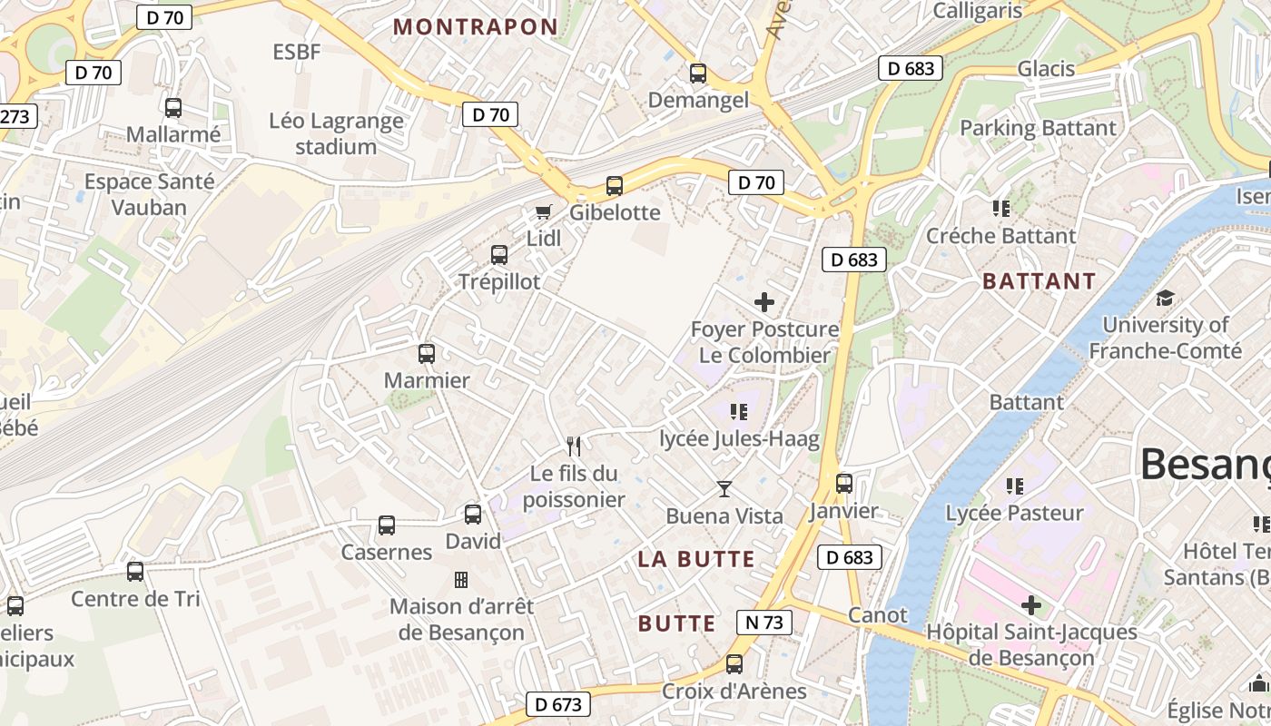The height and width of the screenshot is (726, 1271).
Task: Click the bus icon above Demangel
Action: click(x=698, y=74)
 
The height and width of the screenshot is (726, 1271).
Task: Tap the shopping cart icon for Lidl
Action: click(x=543, y=211)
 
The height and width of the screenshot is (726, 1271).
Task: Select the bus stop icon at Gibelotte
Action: click(x=615, y=186)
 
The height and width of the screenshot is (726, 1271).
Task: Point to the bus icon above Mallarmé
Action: click(x=173, y=108)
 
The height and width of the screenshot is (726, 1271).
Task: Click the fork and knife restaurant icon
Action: click(x=574, y=446)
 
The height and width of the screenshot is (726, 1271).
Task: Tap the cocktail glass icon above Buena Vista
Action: click(x=724, y=489)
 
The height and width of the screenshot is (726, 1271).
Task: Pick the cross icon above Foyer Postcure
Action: click(x=764, y=302)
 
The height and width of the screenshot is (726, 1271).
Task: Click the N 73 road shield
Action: click(x=764, y=623)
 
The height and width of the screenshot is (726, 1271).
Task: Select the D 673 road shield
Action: click(x=558, y=704)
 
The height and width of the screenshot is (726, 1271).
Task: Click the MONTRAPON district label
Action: click(x=476, y=27)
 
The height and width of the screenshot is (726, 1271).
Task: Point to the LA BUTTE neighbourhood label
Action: click(x=696, y=559)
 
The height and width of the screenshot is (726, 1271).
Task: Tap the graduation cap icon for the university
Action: click(x=1165, y=298)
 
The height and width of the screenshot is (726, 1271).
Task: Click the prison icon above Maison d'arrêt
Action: click(x=461, y=579)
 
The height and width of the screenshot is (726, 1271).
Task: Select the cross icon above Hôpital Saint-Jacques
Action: click(x=1031, y=604)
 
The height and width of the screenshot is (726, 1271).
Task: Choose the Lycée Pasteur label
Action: click(x=1015, y=513)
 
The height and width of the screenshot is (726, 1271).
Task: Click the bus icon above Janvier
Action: click(x=844, y=484)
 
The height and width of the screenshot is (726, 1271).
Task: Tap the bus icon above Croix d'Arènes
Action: click(x=734, y=664)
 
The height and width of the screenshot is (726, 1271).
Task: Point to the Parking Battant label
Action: click(x=1038, y=128)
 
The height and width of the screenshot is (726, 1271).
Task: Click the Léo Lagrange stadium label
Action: click(x=336, y=133)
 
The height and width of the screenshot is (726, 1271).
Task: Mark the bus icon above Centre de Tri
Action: click(x=135, y=572)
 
